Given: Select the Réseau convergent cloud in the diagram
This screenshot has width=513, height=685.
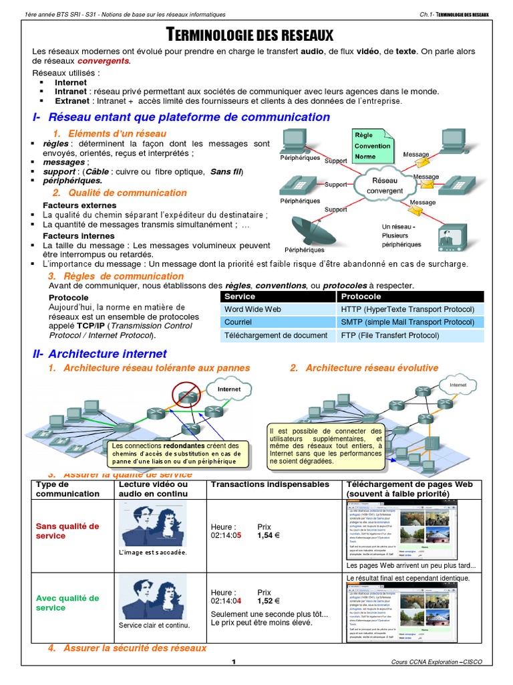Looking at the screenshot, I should coord(384,185).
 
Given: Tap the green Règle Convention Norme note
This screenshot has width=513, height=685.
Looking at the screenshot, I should coord(373,146).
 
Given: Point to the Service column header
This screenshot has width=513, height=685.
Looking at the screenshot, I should coord(240,296).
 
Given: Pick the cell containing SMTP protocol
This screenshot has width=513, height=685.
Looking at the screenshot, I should coord(407,322).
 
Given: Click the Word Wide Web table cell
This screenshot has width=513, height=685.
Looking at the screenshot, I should coord(253,309).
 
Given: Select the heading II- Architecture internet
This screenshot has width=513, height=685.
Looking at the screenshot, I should coord(100,353).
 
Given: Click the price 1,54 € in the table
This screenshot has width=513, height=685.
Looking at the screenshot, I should coord(268,536).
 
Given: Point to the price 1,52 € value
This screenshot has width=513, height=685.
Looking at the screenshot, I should coord(268,601).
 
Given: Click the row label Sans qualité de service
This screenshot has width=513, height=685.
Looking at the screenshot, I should coord(67,531).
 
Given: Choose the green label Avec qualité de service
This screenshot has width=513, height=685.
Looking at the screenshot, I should coord(67,603).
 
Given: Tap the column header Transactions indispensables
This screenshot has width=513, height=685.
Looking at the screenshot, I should coord(269,484).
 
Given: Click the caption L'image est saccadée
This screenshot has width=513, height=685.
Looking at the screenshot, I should coord(152,553).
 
